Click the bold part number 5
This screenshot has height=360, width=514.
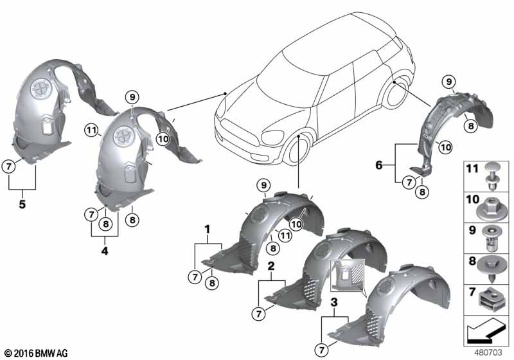pos(22,204)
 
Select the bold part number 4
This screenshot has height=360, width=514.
pos(105,251)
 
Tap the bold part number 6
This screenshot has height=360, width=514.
pos(378,165)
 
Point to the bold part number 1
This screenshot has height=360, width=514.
pos(207,230)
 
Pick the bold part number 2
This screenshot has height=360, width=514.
pos(271,266)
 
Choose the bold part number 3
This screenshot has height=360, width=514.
pos(334,302)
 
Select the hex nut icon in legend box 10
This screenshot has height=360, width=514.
pos(488,210)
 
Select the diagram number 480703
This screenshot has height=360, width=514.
pos(488,352)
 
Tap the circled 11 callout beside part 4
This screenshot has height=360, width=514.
pos(91,130)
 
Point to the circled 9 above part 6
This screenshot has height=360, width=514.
pos(448,82)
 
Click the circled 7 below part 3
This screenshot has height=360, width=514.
pos(322,350)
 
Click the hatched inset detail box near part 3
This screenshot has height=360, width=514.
pos(348,275)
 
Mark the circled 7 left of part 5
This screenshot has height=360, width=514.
pos(9,166)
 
